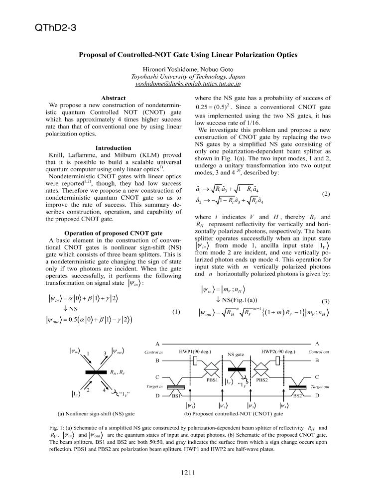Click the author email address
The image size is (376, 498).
click(188, 85)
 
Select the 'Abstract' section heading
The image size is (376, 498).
click(113, 99)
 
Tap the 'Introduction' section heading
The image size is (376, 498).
click(113, 148)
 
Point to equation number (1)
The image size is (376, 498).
click(176, 312)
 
